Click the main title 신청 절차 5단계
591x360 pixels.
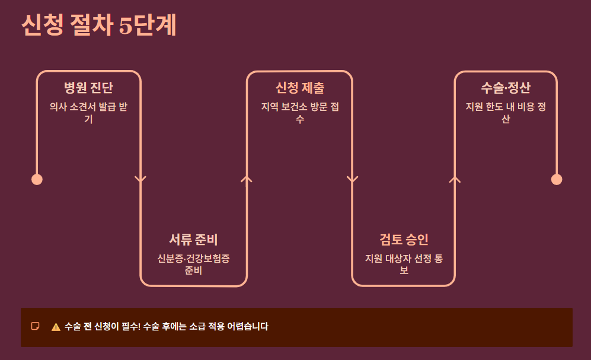[x=99, y=26]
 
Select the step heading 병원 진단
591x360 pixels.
[x=88, y=88]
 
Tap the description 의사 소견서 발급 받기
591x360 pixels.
[x=88, y=113]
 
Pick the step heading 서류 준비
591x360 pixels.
[x=193, y=240]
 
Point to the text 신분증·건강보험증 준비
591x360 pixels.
[x=193, y=265]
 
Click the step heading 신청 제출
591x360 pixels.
[x=299, y=88]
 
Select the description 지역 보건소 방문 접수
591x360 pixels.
[x=299, y=113]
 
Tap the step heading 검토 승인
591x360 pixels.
[x=404, y=240]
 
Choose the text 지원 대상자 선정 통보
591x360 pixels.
[x=404, y=265]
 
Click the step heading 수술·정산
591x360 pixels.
[x=506, y=88]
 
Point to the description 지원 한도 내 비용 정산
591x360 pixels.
[x=506, y=113]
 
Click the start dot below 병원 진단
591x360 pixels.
[x=37, y=179]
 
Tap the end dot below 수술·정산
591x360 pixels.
[x=556, y=179]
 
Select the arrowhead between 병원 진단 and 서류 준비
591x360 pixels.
[x=140, y=180]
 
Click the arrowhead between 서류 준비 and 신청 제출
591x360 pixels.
[x=247, y=179]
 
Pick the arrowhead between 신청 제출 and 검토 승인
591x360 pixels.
[x=352, y=180]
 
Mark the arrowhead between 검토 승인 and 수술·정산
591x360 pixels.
[x=455, y=179]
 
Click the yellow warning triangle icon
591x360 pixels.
[x=56, y=327]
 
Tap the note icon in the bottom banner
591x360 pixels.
[x=36, y=326]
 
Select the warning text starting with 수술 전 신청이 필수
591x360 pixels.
[x=166, y=327]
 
